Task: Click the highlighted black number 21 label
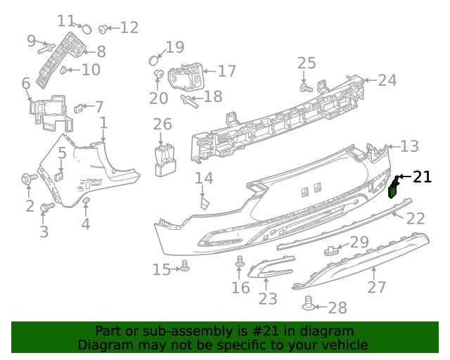click(x=422, y=177)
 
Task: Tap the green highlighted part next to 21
click(x=394, y=188)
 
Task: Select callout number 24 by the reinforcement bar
click(x=387, y=80)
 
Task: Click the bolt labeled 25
click(x=306, y=89)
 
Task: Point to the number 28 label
click(x=337, y=308)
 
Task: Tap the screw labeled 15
click(x=185, y=266)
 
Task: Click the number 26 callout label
click(x=162, y=124)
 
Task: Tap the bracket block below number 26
click(x=165, y=158)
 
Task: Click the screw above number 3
click(x=47, y=208)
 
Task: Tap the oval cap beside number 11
click(x=86, y=29)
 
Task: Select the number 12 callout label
click(x=129, y=27)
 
